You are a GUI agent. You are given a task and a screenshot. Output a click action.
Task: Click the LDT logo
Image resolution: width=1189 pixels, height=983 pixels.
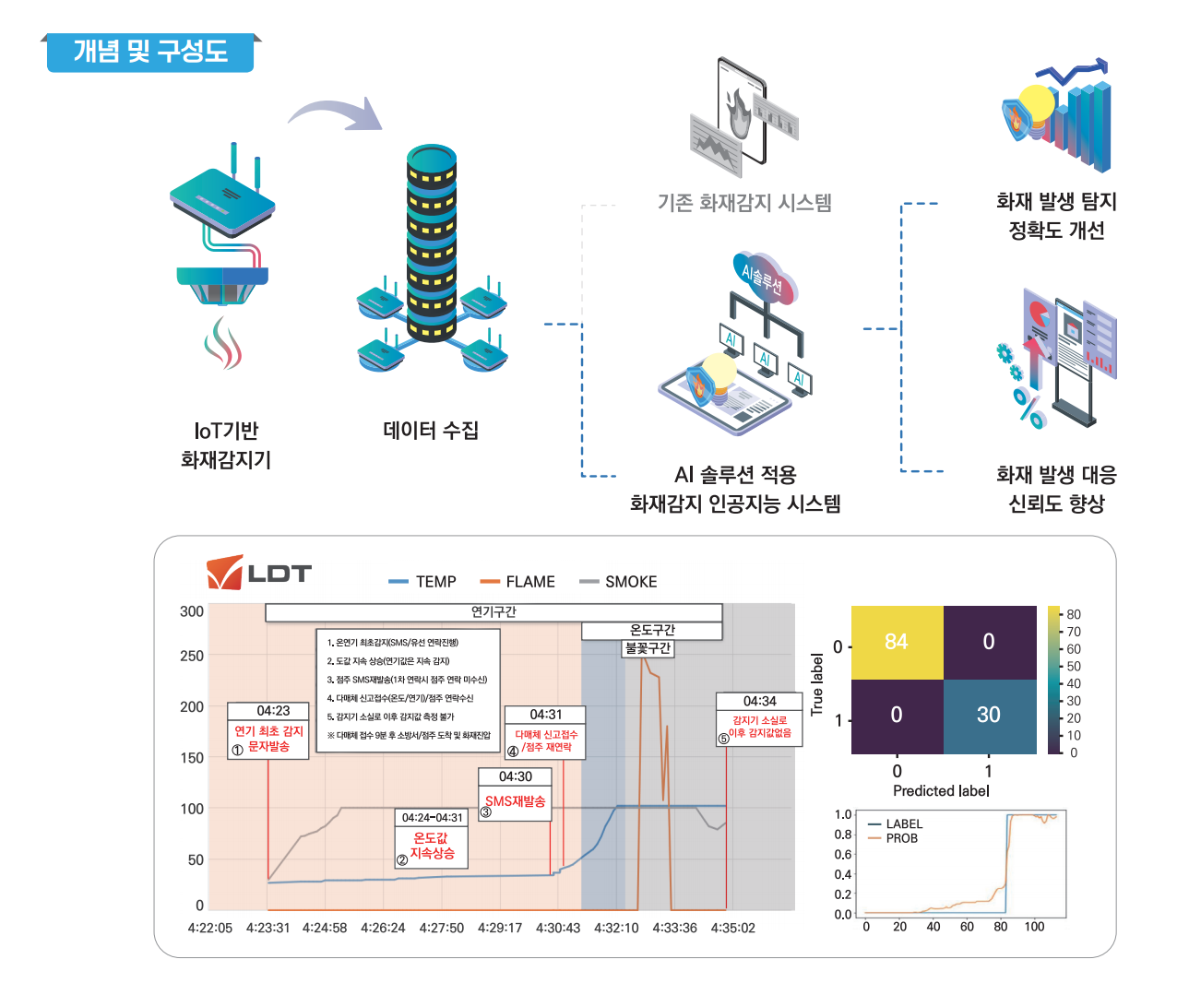[x=259, y=573]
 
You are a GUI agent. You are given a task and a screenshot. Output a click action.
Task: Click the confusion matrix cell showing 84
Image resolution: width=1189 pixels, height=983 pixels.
[x=897, y=642]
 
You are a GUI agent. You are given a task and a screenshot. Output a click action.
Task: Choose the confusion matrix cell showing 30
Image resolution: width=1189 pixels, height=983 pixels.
[x=989, y=715]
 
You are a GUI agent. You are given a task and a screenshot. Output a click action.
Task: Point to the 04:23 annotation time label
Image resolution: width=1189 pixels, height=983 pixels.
[x=273, y=711]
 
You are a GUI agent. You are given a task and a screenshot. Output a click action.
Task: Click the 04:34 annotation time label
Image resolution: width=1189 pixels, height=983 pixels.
[x=759, y=702]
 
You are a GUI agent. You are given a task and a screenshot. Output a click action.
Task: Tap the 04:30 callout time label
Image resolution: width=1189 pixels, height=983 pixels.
[x=515, y=776]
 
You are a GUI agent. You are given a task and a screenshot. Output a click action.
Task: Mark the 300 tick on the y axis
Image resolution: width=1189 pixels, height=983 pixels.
[x=192, y=611]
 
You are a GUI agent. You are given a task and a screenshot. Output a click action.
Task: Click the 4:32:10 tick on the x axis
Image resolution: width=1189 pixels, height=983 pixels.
[x=616, y=928]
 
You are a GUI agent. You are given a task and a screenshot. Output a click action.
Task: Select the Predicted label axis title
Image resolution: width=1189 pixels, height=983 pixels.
[x=941, y=790]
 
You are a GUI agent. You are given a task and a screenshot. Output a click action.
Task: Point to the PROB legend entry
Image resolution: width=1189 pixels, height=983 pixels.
[x=901, y=838]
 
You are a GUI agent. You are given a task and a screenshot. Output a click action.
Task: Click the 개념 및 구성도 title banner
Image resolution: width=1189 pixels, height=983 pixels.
[x=150, y=52]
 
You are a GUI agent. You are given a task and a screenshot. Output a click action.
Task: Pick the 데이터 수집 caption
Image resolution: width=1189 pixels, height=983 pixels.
[x=431, y=430]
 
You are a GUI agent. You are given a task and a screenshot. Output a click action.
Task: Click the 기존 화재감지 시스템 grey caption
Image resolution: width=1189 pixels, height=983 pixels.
[x=744, y=202]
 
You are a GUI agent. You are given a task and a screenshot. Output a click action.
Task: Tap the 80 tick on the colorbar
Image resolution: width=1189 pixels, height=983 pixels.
[x=1074, y=614]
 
